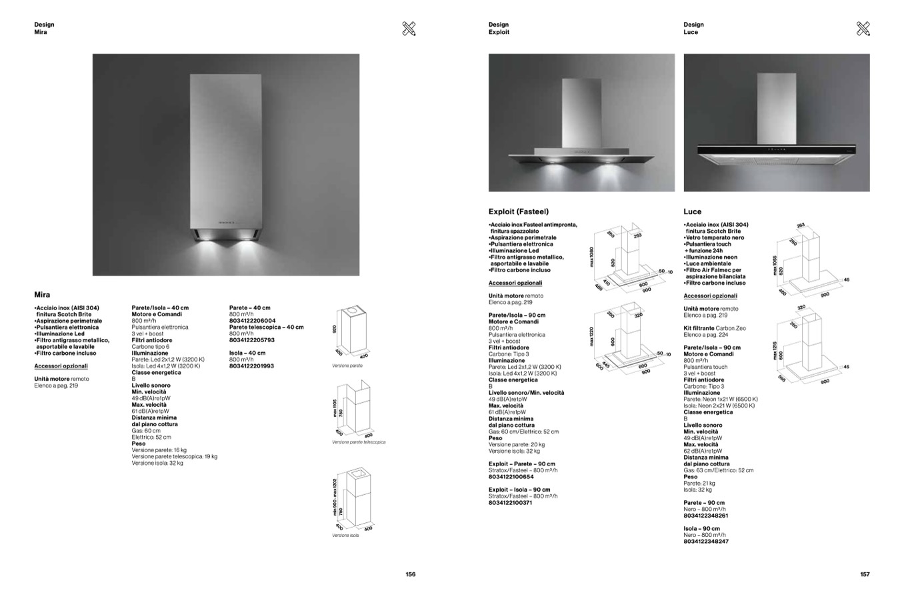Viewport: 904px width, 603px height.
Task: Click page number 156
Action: (x=411, y=574)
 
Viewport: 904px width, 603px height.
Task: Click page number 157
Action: (x=865, y=574)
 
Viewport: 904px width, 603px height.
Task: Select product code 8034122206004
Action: (x=252, y=321)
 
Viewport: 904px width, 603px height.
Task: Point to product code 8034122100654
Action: (x=511, y=477)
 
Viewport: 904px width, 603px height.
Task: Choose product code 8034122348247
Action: (x=706, y=542)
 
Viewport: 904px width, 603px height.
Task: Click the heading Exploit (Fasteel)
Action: (x=519, y=211)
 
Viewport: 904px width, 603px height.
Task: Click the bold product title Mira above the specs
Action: (x=42, y=294)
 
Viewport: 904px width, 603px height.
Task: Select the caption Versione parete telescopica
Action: (x=359, y=442)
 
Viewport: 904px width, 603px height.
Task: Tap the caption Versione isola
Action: (x=345, y=536)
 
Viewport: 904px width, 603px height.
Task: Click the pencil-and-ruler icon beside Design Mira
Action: (x=409, y=28)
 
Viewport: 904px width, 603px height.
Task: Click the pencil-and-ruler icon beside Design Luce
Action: (x=863, y=28)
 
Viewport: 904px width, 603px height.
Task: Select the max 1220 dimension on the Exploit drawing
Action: (x=591, y=335)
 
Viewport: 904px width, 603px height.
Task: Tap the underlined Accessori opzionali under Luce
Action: (x=710, y=296)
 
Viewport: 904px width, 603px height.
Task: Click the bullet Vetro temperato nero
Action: (x=715, y=237)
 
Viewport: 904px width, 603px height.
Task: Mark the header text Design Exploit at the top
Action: (x=499, y=28)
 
